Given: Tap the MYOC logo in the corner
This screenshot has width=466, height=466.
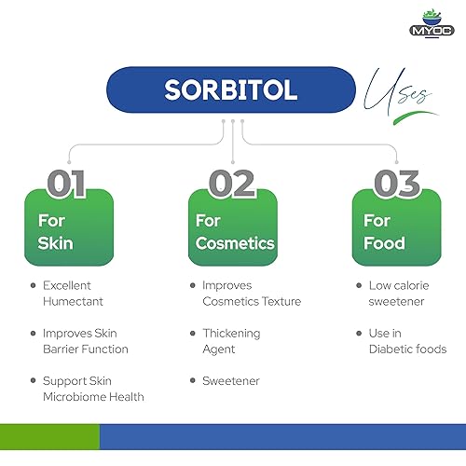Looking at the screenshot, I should pyautogui.click(x=432, y=21).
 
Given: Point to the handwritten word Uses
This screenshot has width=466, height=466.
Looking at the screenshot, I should pyautogui.click(x=400, y=93).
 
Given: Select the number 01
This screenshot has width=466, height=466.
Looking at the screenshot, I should pyautogui.click(x=66, y=183).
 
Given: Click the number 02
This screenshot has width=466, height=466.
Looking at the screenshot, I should pyautogui.click(x=232, y=183).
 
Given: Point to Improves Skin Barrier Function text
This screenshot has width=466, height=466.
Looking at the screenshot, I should pyautogui.click(x=85, y=341).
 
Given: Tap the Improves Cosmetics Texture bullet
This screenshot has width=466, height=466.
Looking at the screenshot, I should pyautogui.click(x=251, y=293).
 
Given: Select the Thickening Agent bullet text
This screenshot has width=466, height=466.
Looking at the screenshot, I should pyautogui.click(x=231, y=341).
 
